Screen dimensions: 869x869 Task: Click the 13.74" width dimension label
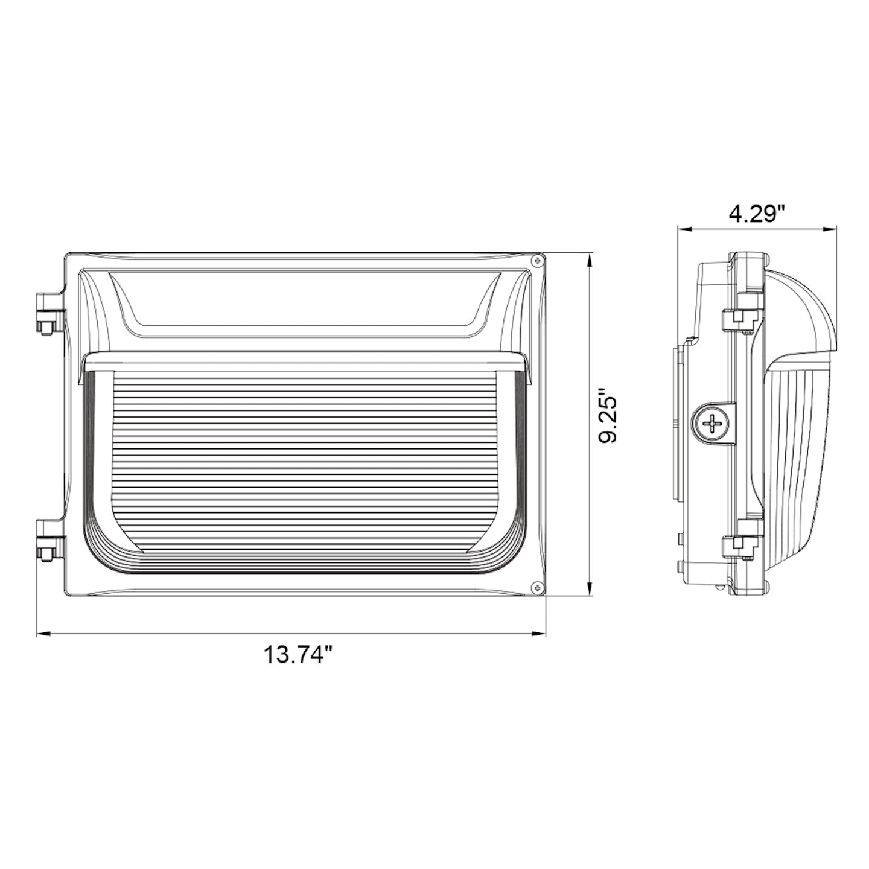tap(298, 654)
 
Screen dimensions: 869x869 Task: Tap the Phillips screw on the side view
tap(712, 424)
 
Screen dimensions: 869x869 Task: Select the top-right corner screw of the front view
tap(536, 261)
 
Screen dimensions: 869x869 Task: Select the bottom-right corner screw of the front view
tap(536, 586)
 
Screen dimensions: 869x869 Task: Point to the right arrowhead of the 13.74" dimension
tap(540, 634)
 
